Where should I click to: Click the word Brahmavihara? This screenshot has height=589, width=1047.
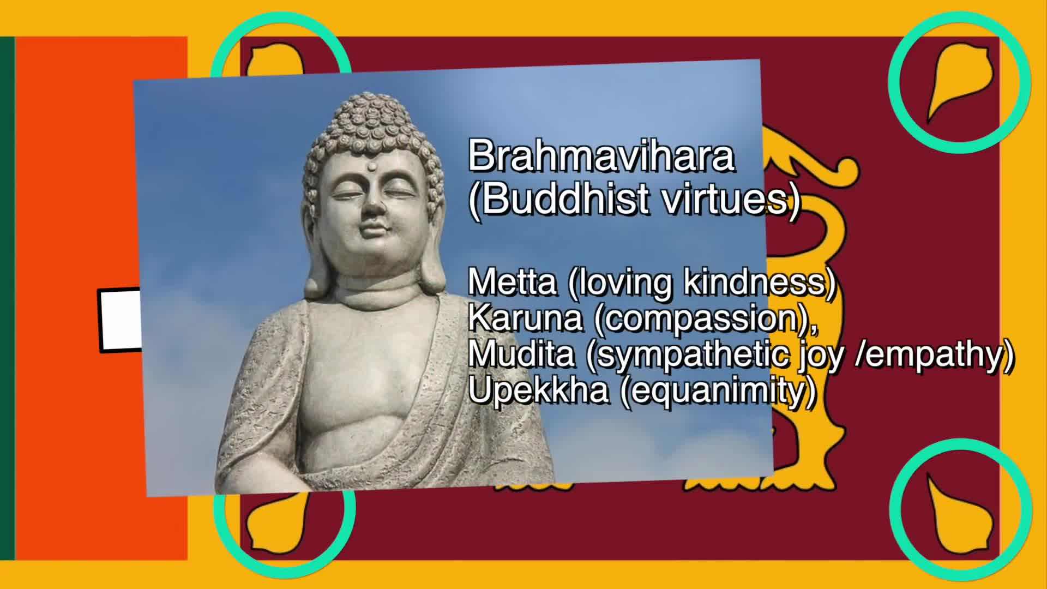coord(601,157)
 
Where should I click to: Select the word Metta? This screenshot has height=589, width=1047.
coord(512,283)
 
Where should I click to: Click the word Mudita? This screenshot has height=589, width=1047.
coord(521,354)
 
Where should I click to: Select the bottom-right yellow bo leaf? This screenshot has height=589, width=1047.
coord(957,507)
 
